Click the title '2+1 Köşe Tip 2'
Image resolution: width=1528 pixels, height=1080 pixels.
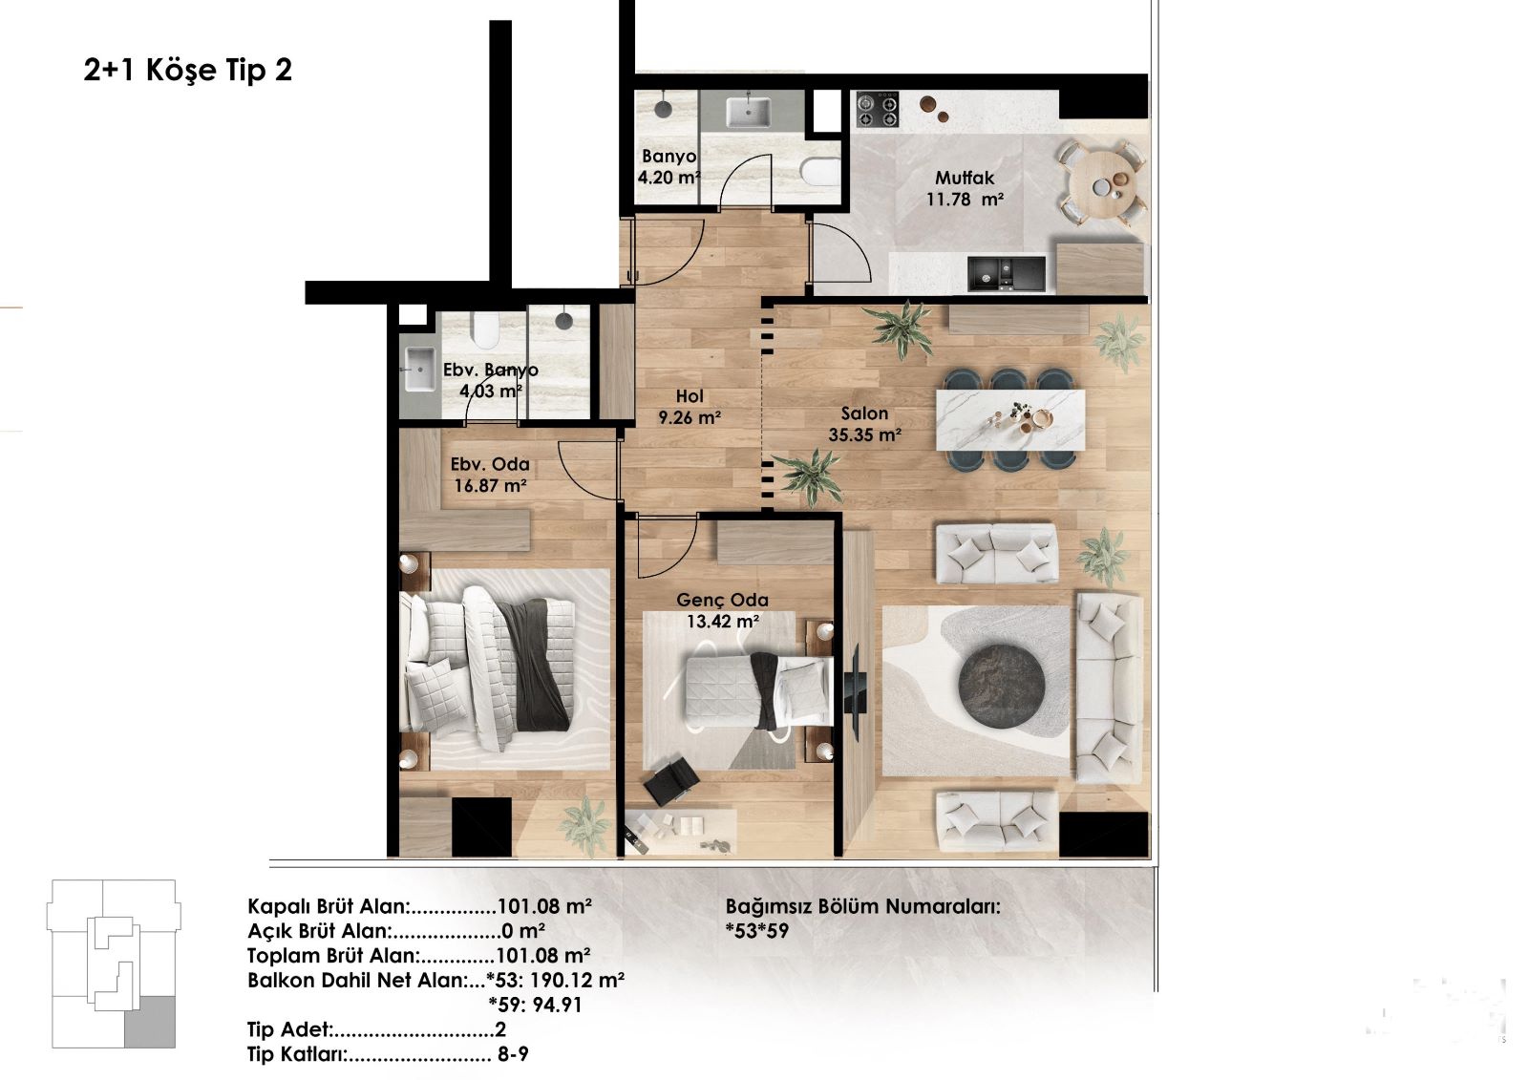point(187,70)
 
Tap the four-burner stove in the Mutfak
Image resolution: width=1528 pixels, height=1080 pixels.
point(878,110)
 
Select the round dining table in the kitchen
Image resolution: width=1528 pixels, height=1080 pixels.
point(1102,182)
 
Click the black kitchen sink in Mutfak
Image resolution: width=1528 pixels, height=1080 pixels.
point(1007,274)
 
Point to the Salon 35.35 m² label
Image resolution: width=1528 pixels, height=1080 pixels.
point(865,424)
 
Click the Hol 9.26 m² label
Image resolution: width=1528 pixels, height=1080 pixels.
point(690,407)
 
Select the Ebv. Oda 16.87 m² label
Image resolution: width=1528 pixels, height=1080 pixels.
point(491,475)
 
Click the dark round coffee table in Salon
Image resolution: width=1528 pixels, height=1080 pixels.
point(1002,686)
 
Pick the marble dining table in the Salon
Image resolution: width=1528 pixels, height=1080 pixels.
point(1010,419)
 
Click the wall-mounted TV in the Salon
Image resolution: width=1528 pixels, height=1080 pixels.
point(855,691)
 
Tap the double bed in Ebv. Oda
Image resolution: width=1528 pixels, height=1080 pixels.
point(488,668)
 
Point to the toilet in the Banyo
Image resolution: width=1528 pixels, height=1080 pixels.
point(820,172)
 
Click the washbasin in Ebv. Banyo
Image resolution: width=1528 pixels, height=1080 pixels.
point(420,370)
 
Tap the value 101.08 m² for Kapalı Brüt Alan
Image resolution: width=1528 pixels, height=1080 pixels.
point(544,906)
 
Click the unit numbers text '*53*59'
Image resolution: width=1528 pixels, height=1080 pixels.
point(757,931)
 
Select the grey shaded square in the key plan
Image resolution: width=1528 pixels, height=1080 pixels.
point(149,1022)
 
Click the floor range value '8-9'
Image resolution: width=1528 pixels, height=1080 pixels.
point(513,1054)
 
